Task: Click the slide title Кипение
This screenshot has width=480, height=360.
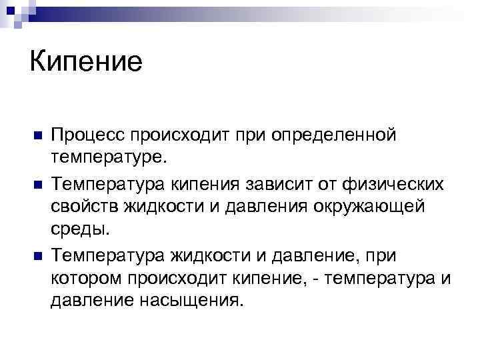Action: click(x=86, y=63)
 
